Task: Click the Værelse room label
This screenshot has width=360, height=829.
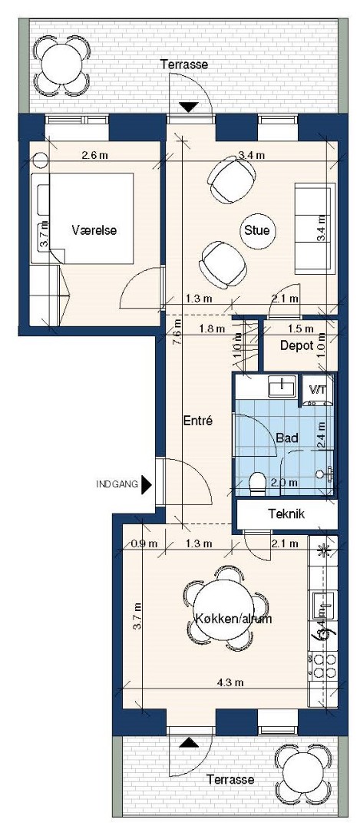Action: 94,230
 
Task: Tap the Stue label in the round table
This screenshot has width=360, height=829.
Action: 257,230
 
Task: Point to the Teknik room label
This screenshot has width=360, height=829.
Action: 286,514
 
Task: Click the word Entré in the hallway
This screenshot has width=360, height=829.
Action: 197,421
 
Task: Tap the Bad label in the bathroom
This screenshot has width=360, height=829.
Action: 287,438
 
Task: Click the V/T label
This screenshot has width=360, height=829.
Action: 317,390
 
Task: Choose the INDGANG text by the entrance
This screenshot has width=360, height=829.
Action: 117,484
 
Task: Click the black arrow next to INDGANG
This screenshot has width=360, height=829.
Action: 147,484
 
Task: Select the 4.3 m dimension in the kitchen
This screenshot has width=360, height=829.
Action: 230,682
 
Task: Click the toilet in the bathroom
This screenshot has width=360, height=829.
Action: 257,483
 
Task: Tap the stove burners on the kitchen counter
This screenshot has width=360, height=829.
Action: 323,664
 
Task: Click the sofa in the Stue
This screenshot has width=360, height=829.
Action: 315,229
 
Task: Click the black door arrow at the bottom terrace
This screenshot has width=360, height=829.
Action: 187,743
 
